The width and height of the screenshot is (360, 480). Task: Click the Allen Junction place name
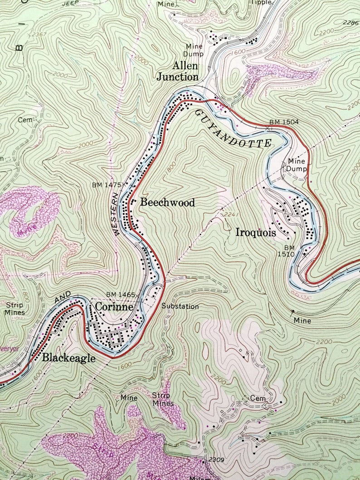click(x=178, y=71)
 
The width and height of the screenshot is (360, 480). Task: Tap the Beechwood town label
click(x=167, y=203)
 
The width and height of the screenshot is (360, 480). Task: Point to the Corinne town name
click(x=114, y=307)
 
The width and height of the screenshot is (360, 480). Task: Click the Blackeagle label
click(x=69, y=358)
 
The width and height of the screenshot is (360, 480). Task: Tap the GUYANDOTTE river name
click(x=233, y=129)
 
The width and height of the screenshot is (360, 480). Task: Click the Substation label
click(x=180, y=306)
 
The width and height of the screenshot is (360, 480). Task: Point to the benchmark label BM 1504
click(x=284, y=122)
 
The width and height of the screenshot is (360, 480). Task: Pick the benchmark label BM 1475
click(x=107, y=185)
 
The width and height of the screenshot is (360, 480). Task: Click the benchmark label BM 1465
click(x=121, y=295)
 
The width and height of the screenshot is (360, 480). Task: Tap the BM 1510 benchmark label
click(x=290, y=251)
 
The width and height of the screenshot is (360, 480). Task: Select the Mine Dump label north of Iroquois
click(x=297, y=165)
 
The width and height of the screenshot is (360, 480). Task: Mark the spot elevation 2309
click(x=217, y=460)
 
